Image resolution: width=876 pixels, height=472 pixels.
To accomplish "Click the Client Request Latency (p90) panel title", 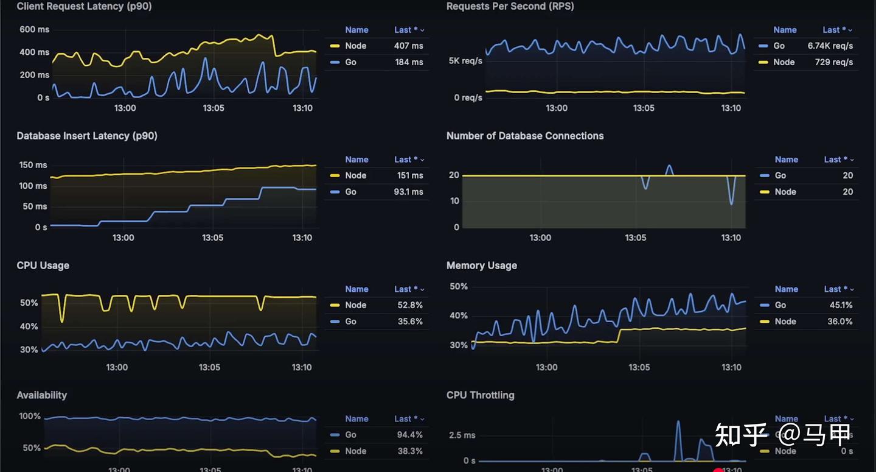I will point(84,6).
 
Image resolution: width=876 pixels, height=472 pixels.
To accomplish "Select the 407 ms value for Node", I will point(408,46).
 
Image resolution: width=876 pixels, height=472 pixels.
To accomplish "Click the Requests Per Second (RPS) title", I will point(510,6).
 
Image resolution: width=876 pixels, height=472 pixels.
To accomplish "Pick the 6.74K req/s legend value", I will point(830,46).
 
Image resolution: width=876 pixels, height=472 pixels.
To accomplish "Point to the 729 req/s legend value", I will point(833,62).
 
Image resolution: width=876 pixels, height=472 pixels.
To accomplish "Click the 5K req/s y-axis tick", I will point(465,61).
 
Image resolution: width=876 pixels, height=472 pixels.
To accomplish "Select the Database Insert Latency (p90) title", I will point(87,136).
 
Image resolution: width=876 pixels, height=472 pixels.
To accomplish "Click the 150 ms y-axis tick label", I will point(33,165).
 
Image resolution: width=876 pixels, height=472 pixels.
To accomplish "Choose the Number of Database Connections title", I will point(525,136).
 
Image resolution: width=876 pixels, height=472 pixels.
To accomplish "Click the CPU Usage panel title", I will point(43,266).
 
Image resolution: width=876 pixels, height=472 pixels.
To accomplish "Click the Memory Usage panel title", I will point(481,266).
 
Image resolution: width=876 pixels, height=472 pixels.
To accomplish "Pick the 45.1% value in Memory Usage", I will point(839,305).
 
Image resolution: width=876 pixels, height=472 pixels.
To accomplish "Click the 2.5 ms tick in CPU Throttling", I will point(463,435).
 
